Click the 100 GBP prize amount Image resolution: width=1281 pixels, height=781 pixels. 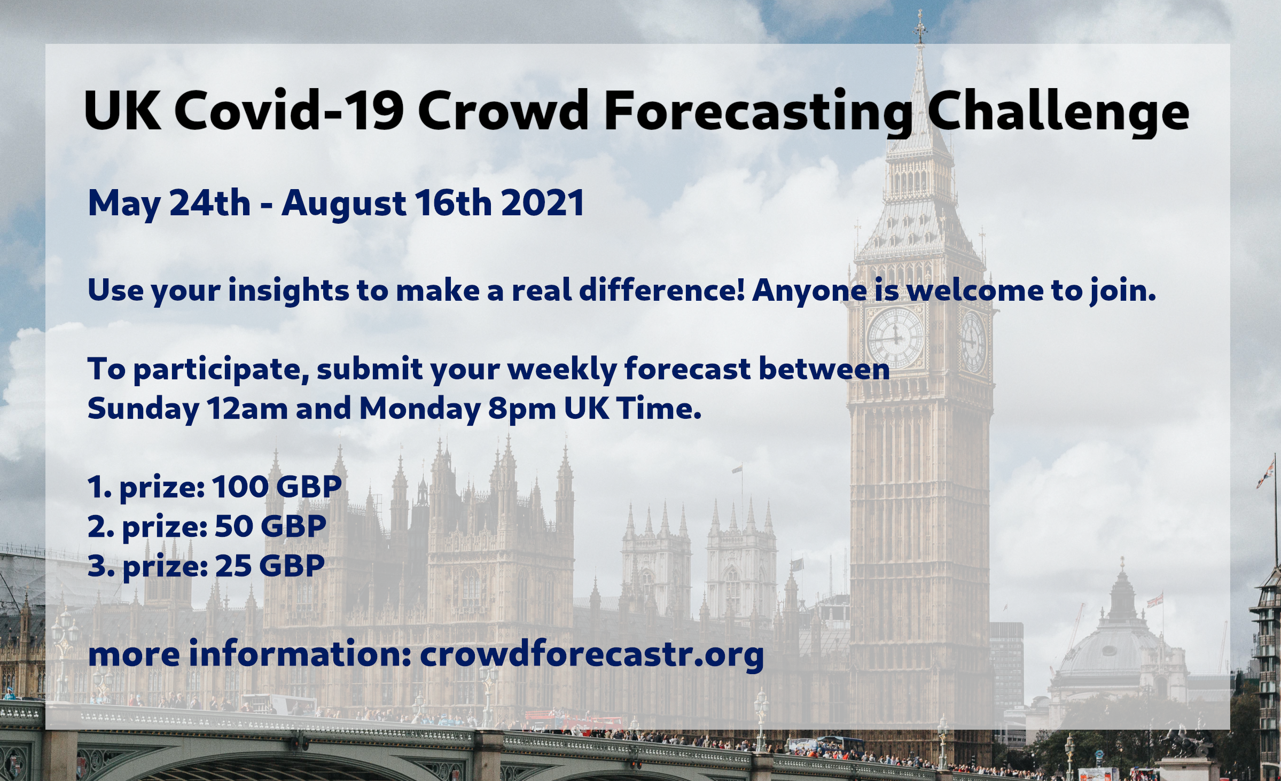pos(277,487)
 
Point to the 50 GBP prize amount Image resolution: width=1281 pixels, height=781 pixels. pos(271,526)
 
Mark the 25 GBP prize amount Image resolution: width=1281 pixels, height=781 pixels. pos(270,566)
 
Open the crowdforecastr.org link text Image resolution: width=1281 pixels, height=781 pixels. pos(592,655)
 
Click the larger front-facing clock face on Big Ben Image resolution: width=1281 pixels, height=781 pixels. pos(895,337)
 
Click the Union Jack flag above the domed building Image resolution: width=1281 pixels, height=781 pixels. pos(1155,600)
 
